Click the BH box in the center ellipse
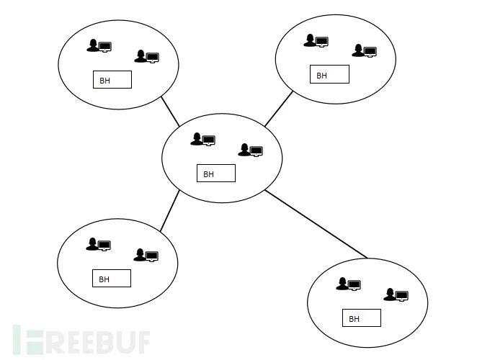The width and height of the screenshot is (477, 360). click(215, 174)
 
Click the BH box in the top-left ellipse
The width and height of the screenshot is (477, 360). click(112, 79)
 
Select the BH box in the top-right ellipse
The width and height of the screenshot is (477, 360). click(329, 74)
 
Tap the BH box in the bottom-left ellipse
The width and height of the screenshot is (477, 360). click(111, 278)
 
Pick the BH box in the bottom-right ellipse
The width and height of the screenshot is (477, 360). click(361, 318)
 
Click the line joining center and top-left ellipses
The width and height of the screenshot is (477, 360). click(170, 111)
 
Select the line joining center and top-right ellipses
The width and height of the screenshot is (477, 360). click(278, 109)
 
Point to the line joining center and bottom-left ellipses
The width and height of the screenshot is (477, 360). click(169, 211)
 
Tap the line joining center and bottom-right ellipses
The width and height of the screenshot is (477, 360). click(316, 223)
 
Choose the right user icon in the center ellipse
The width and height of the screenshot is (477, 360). click(250, 150)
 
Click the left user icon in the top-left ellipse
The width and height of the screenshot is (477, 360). click(99, 46)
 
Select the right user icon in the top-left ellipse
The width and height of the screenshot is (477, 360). click(146, 56)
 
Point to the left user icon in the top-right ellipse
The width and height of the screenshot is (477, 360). click(316, 40)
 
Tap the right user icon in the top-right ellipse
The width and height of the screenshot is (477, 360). click(364, 50)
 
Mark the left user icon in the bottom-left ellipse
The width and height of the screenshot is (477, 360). click(98, 244)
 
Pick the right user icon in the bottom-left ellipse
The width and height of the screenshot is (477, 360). click(146, 255)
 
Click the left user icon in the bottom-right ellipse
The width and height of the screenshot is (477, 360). click(348, 284)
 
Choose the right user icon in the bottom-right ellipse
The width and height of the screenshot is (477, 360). click(396, 294)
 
